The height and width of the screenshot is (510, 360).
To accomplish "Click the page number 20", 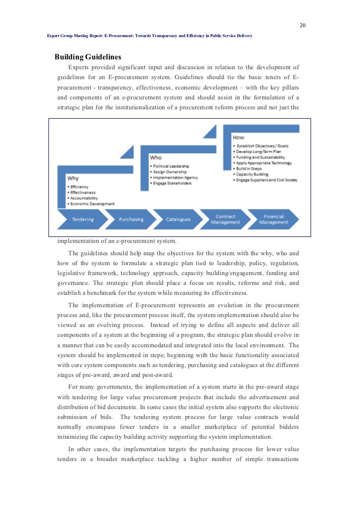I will point(303,25).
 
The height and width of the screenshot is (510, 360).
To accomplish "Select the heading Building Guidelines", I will point(88,57).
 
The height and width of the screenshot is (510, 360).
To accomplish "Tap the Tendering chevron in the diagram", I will point(82,219).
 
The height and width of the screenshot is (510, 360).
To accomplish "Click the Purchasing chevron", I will point(131,219).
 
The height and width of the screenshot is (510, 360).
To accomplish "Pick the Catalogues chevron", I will point(178,219).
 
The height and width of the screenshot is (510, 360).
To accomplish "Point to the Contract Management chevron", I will point(225,219).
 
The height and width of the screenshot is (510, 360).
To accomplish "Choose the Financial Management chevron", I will point(273,219).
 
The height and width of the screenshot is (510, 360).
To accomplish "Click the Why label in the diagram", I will point(73,178).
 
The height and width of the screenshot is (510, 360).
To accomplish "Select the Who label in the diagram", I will point(156,158).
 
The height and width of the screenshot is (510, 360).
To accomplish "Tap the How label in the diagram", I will point(238,137).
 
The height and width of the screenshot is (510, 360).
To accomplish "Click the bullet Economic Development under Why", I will point(92,204).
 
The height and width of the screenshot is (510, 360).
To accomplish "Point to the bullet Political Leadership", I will point(171,166).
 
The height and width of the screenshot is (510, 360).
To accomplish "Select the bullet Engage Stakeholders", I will point(172,183).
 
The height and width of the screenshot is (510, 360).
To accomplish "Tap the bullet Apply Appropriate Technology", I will point(264,163).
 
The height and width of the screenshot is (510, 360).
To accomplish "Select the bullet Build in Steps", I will point(250,169).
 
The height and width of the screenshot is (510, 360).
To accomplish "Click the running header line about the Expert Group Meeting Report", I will point(149,36).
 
